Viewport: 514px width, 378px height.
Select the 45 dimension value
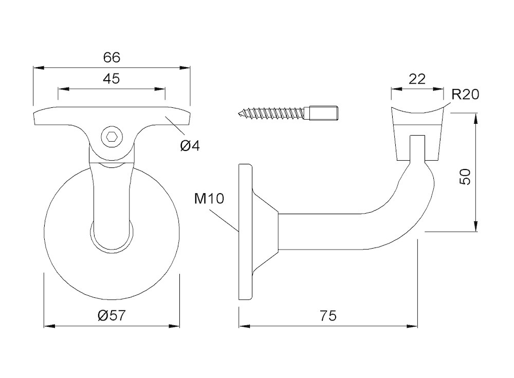(112, 79)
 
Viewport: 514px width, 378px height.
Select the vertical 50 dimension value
(465, 178)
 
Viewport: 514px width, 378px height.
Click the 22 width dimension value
(417, 79)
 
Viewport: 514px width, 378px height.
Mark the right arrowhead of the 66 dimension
(187, 68)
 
